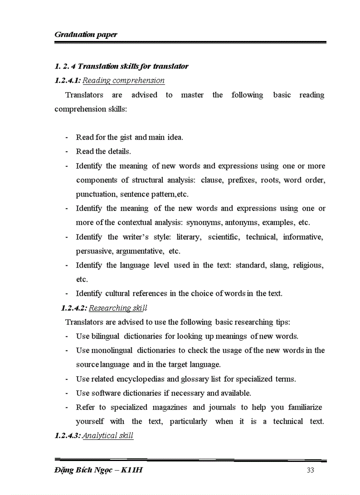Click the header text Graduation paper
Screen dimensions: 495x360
(86, 34)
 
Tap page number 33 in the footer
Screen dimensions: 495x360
(310, 470)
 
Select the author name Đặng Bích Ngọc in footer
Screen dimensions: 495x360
(83, 470)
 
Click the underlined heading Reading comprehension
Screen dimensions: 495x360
(124, 80)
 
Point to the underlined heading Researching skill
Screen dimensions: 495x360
(118, 308)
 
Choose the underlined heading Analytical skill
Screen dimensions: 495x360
(108, 435)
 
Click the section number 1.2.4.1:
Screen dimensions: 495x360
(67, 80)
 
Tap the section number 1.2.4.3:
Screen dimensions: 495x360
(67, 435)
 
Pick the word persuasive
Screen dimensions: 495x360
(89, 251)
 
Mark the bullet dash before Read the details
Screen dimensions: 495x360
(66, 152)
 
